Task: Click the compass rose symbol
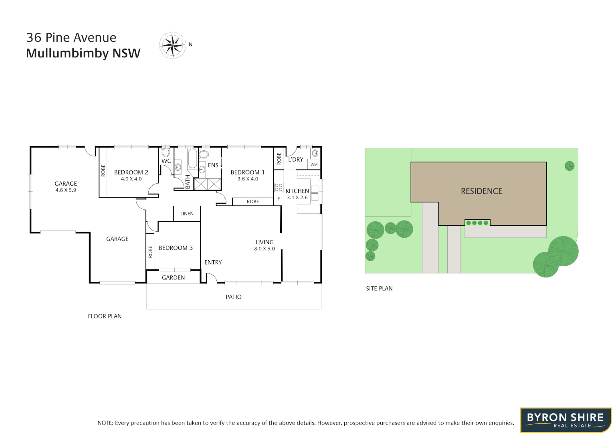click(x=172, y=45)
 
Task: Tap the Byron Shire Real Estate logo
click(x=566, y=420)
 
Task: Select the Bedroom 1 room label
click(x=247, y=172)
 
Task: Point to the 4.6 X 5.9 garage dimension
click(x=66, y=190)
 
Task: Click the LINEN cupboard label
click(x=187, y=214)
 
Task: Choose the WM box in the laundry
click(x=314, y=164)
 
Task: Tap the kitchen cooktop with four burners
click(x=279, y=187)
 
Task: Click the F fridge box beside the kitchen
click(x=279, y=199)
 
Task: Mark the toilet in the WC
click(x=166, y=152)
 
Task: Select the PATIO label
click(x=234, y=297)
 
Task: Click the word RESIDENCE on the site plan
click(x=481, y=191)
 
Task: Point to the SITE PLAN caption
click(x=379, y=288)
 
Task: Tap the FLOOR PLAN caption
click(x=105, y=316)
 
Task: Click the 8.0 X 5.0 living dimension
click(x=265, y=249)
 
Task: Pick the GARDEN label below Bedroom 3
click(x=173, y=277)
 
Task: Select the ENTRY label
click(x=213, y=262)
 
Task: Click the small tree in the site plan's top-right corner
click(x=569, y=166)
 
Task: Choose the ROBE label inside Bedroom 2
click(x=103, y=171)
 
